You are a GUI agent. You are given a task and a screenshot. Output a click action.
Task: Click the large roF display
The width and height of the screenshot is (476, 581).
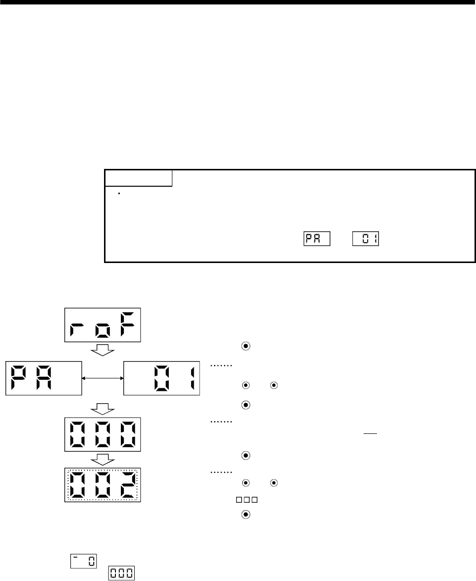coord(103,325)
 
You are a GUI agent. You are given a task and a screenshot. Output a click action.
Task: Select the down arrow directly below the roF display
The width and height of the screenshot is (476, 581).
coord(103,352)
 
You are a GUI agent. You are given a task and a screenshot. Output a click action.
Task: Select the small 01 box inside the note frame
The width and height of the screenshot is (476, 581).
coord(365,238)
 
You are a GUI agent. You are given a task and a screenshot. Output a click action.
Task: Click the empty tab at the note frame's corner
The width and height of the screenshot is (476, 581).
coord(138,178)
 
